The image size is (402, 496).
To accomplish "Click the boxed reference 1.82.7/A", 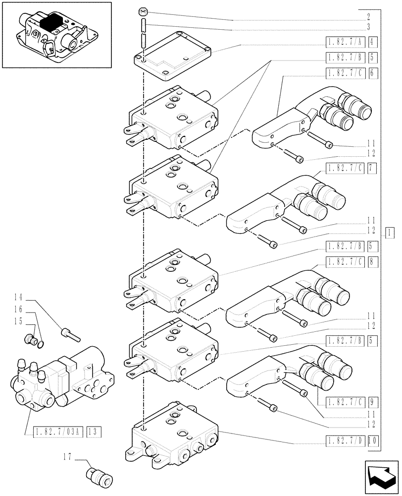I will [x=345, y=42].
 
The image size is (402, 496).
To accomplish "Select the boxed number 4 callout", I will [x=373, y=42].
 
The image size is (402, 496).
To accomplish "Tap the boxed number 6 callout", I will [x=373, y=73].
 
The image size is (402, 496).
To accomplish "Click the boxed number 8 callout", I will [x=373, y=261].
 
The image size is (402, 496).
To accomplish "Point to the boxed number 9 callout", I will [x=373, y=401].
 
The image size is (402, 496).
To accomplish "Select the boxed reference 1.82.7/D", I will [x=345, y=439].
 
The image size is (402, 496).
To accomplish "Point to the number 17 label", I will [x=68, y=455].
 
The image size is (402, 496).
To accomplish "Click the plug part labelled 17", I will [x=100, y=476].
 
